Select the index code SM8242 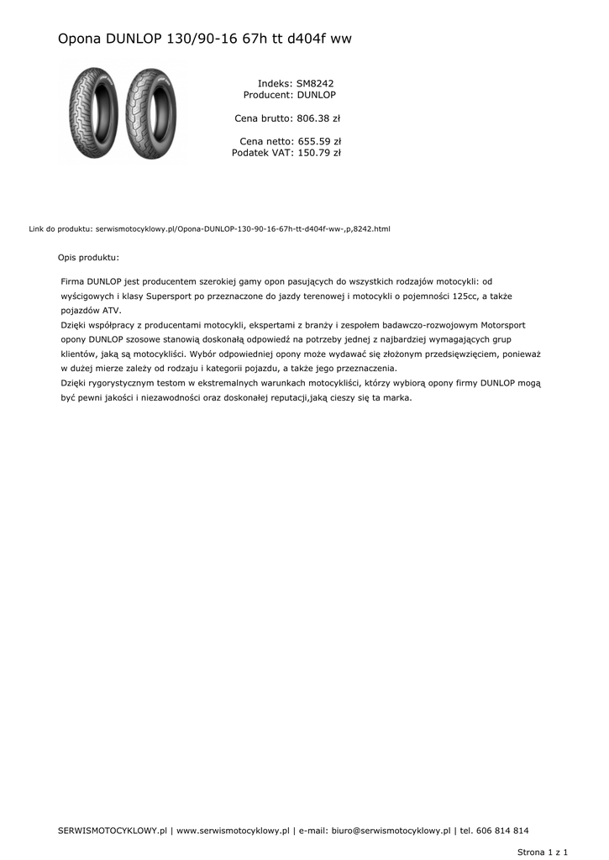click(315, 84)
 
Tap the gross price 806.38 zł click(318, 118)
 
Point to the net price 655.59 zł click(318, 141)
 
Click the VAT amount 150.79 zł click(318, 153)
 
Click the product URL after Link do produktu click(243, 228)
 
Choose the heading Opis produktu click(88, 257)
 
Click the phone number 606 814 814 click(502, 831)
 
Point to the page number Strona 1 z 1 click(543, 852)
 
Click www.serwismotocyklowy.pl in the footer click(233, 831)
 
